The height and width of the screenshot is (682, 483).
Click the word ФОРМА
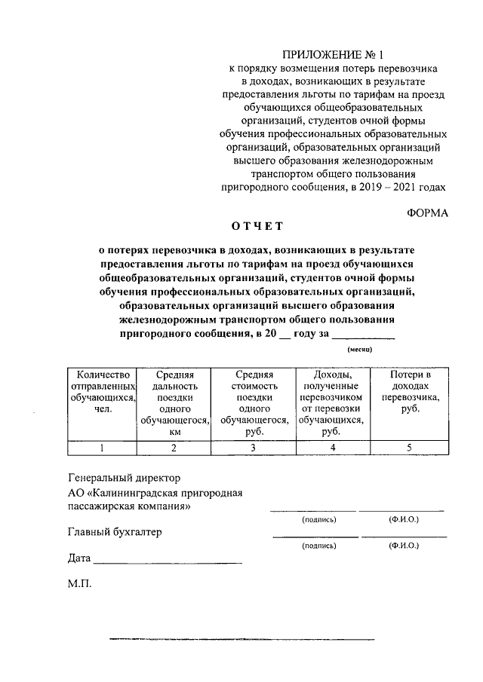(x=427, y=213)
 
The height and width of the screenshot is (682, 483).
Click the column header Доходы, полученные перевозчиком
(x=331, y=403)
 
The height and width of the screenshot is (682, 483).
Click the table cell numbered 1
(x=102, y=448)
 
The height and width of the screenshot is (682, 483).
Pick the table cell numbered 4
(x=331, y=448)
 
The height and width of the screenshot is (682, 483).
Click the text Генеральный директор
(x=125, y=478)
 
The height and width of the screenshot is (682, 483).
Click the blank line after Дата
(x=168, y=562)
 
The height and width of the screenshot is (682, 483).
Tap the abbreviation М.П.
(x=79, y=585)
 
